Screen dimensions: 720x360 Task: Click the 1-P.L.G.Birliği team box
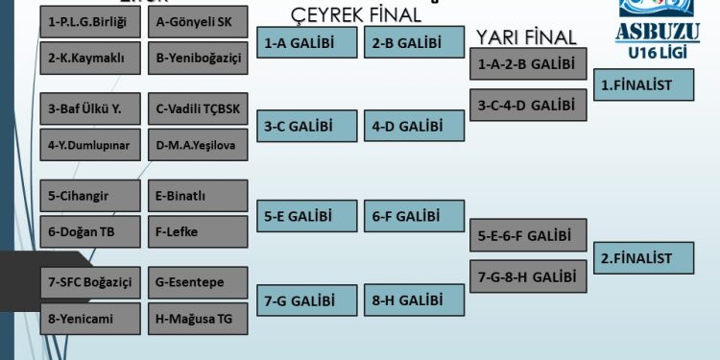click(x=90, y=21)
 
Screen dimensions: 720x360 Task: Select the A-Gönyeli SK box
click(x=199, y=21)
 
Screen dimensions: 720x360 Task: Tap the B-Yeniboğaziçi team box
click(x=199, y=57)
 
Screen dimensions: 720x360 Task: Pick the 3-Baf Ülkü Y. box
click(x=90, y=108)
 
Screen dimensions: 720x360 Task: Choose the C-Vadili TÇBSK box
click(x=199, y=108)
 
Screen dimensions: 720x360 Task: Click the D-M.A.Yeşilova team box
click(x=199, y=145)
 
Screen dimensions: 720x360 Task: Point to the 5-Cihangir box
click(x=90, y=196)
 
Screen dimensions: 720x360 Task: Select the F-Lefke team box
click(x=199, y=231)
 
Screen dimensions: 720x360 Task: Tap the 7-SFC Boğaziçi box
click(x=90, y=282)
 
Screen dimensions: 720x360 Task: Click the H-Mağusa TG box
click(x=199, y=318)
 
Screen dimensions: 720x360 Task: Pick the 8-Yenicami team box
click(x=90, y=318)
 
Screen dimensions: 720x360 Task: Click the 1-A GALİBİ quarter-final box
click(x=306, y=42)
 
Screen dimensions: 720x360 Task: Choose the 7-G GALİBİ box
click(x=306, y=300)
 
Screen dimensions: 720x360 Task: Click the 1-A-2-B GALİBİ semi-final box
click(x=528, y=64)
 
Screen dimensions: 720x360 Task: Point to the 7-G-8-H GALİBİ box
click(x=528, y=276)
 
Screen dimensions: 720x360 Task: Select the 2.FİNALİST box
click(x=646, y=258)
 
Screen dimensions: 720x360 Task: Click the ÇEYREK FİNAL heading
click(x=356, y=14)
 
